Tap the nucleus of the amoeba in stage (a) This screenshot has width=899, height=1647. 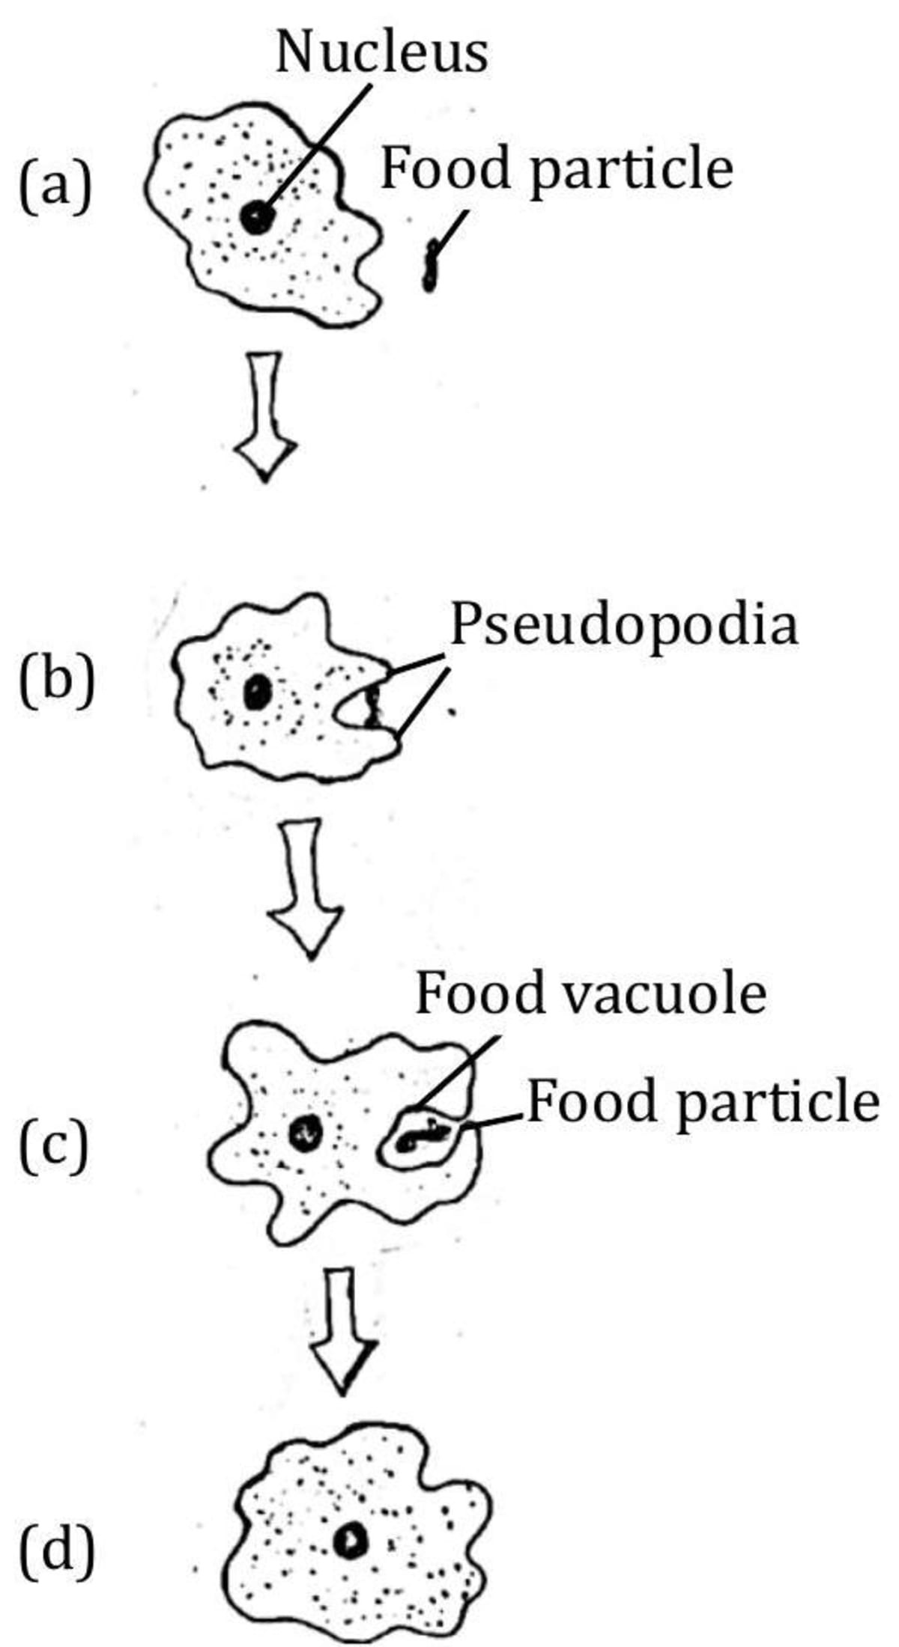point(257,218)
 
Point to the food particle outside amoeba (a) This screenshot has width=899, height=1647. point(430,266)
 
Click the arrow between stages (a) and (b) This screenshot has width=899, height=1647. point(265,415)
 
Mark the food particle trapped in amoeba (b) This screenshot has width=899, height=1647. point(372,707)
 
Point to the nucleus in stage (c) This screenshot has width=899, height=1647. point(306,1131)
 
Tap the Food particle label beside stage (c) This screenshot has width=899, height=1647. point(703,1103)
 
